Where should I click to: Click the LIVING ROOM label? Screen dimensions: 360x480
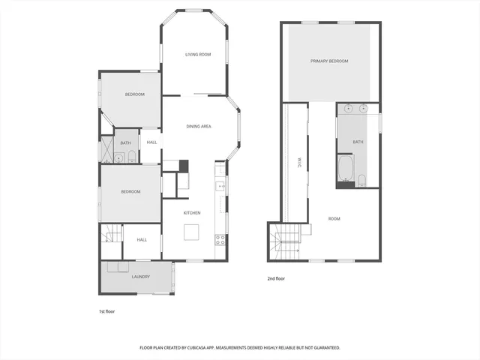(199, 54)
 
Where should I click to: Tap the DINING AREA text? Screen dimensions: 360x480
(199, 126)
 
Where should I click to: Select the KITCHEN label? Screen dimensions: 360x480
(192, 213)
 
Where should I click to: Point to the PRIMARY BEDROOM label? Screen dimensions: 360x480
(330, 61)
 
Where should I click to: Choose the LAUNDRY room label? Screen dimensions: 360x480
(140, 277)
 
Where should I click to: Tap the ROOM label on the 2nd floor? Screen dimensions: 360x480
(334, 218)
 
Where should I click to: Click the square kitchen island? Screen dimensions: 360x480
(193, 231)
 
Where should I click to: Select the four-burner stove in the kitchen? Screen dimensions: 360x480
(220, 240)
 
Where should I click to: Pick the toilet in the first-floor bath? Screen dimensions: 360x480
(132, 156)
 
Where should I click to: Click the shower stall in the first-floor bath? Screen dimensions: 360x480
(118, 157)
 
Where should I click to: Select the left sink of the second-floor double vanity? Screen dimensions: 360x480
(348, 109)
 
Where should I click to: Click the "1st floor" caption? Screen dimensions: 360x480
(106, 310)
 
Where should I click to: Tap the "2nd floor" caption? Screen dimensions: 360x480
(277, 278)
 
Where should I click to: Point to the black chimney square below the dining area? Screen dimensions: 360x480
(184, 166)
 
